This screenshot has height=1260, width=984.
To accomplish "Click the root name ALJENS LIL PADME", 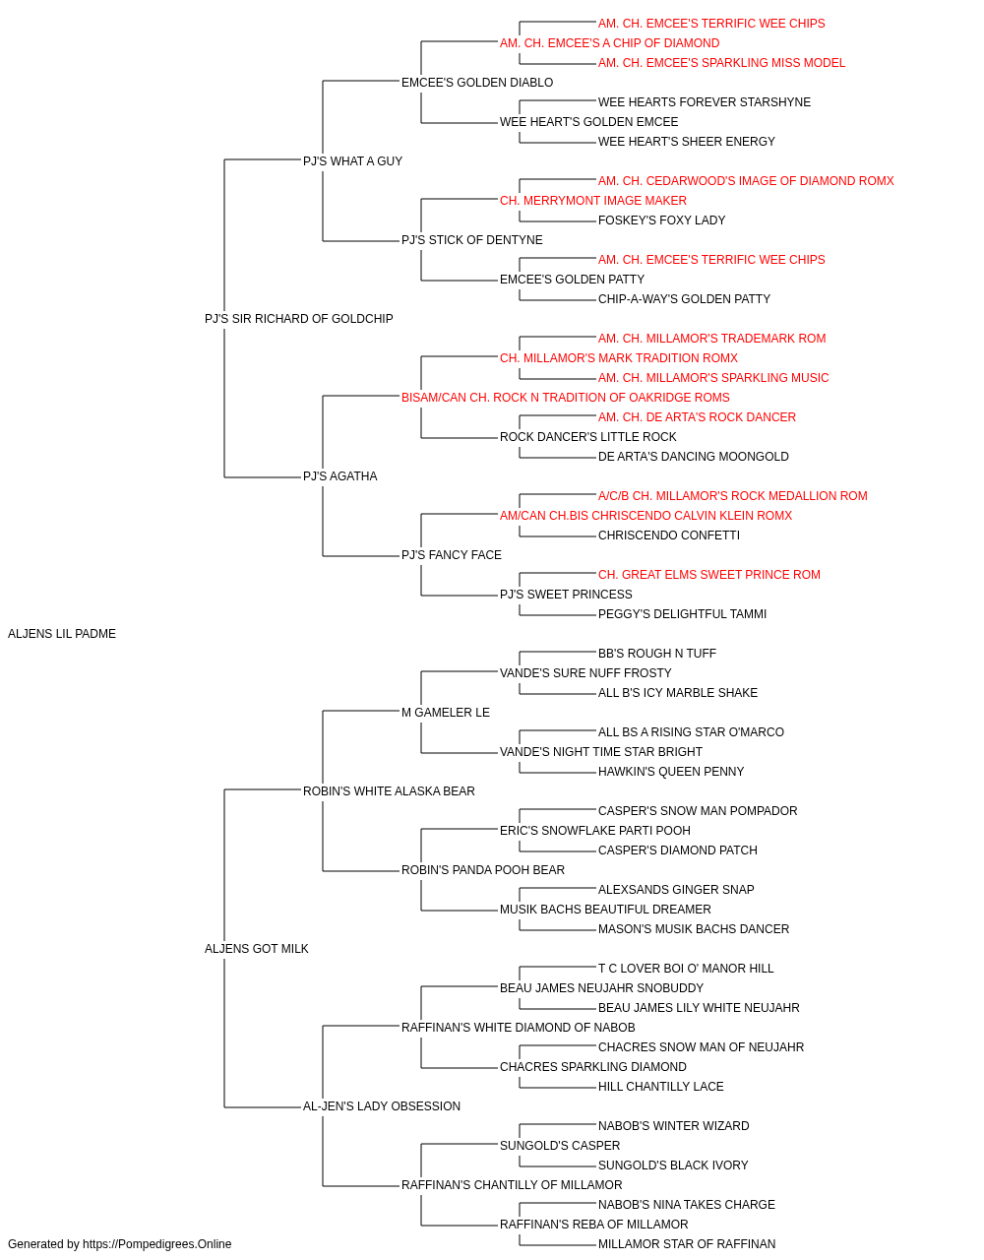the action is tap(62, 634).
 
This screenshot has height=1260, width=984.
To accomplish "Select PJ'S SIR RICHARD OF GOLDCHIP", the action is tap(298, 319).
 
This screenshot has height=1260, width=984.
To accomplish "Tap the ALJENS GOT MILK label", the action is tap(256, 949).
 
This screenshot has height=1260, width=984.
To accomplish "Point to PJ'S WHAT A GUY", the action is tap(352, 161).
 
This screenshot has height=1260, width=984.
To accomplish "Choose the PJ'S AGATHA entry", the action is tap(339, 476).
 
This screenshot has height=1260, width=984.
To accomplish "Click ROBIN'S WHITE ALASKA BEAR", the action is tap(389, 791).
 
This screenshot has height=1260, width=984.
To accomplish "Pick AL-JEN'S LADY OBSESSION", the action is tap(382, 1106).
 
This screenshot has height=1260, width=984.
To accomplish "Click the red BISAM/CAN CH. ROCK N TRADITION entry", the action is tap(565, 398).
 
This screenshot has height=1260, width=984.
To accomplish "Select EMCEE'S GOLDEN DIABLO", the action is tap(477, 83).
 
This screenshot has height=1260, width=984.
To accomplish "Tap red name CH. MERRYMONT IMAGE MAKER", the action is tap(592, 201).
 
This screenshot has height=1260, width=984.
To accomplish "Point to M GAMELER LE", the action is tap(445, 713).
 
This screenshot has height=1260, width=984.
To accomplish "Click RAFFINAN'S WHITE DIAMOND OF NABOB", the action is tap(519, 1028).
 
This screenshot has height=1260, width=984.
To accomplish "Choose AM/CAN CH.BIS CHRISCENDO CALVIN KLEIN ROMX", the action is tap(646, 516).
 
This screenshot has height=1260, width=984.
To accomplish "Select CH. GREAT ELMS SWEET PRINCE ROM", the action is tap(708, 575).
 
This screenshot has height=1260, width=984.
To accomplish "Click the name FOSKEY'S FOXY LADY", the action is tap(661, 220).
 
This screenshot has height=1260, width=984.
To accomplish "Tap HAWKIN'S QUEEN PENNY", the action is tap(670, 772).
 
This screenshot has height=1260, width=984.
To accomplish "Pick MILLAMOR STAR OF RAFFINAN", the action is tap(686, 1244).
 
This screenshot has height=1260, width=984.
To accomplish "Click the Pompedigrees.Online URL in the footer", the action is tap(156, 1244).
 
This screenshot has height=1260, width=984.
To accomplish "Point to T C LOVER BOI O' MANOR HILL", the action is tap(686, 969).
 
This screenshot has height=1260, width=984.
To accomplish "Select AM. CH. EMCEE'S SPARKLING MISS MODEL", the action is tap(721, 63).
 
